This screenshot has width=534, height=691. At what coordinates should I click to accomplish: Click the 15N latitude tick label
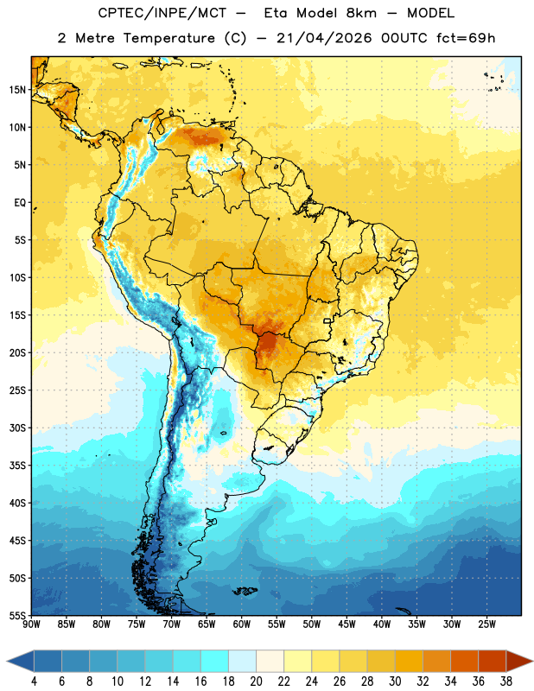coord(17,90)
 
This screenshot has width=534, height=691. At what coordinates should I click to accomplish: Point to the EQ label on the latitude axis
coord(20,203)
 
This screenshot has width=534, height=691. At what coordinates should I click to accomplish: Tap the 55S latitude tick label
coord(17,615)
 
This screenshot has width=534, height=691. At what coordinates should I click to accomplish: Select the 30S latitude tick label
coord(17,428)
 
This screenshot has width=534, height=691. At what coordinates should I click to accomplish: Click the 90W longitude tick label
coord(31,624)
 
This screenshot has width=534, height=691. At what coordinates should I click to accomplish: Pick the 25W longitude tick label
coord(486,624)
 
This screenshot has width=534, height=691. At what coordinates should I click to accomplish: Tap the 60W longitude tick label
coord(242,624)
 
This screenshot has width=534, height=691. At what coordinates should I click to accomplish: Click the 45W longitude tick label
coord(346,624)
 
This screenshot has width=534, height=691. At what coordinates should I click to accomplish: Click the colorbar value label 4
coord(34,681)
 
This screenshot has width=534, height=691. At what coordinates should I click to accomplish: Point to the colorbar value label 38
coord(505,681)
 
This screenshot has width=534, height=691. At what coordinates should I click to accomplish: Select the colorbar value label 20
coord(256,681)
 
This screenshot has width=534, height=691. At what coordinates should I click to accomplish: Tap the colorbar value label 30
coord(395,681)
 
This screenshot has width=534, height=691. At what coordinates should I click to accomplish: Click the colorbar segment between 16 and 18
coord(214,661)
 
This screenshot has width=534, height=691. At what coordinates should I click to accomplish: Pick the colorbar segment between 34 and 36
coord(464,661)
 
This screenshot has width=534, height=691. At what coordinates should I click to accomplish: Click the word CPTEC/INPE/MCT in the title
coord(162,14)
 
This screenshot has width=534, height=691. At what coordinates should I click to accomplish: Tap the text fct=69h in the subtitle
coord(466,38)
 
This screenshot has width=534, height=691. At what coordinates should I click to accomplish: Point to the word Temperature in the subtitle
coord(168,38)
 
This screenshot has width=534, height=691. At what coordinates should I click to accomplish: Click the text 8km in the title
coord(361,13)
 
